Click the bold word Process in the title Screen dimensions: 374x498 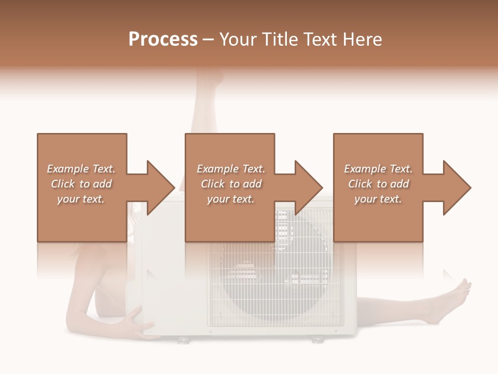coord(163,39)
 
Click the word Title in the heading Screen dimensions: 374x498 coord(281,39)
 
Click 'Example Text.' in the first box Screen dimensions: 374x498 coord(81,169)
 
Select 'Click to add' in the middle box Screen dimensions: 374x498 coord(231,184)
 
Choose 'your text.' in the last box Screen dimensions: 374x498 coord(378,199)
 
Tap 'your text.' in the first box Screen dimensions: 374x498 coord(81,199)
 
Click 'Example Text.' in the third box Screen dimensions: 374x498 coord(378,169)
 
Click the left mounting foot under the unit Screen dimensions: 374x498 coord(183,340)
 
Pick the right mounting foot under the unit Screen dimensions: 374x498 coord(316,340)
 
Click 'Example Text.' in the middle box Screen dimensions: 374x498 coord(231,169)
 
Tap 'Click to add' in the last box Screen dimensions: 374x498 coord(378,184)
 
